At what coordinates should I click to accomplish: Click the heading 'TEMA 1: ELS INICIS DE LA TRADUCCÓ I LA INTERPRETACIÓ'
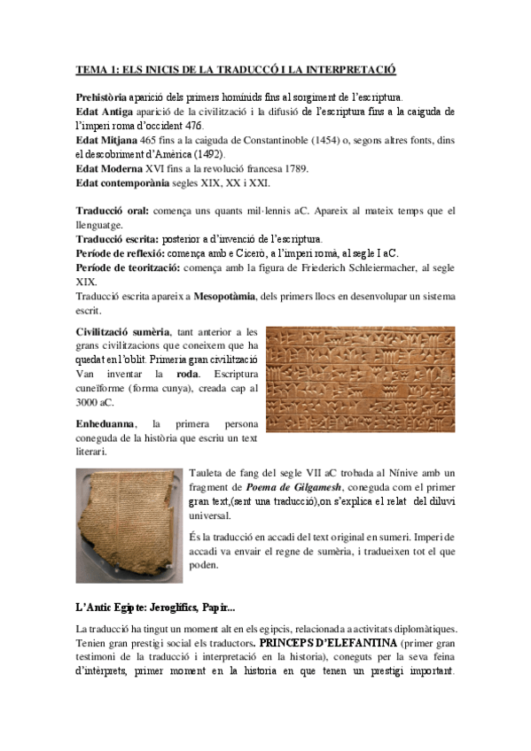[x=235, y=69]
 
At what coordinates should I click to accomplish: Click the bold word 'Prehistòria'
[x=102, y=97]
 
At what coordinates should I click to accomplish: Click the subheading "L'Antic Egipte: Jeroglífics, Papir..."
[x=155, y=607]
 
